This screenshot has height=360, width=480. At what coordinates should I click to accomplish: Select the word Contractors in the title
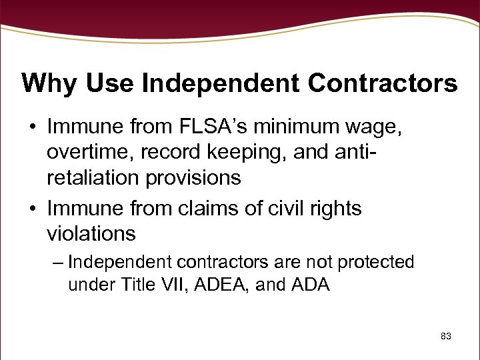tap(383, 84)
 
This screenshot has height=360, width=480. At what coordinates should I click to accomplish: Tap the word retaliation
tap(93, 177)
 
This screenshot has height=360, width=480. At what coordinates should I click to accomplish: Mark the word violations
tap(91, 234)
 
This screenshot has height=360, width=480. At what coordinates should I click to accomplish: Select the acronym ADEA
tap(222, 285)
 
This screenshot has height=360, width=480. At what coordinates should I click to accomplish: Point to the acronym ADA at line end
tap(311, 285)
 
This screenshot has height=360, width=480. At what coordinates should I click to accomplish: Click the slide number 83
tap(446, 337)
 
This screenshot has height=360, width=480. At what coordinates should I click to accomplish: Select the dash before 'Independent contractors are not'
tap(58, 263)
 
